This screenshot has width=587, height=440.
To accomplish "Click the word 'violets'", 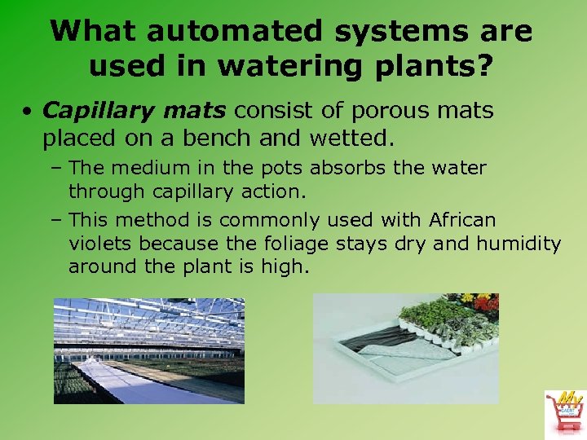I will pyautogui.click(x=101, y=243).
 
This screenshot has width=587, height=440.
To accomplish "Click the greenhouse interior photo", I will pyautogui.click(x=148, y=350).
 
